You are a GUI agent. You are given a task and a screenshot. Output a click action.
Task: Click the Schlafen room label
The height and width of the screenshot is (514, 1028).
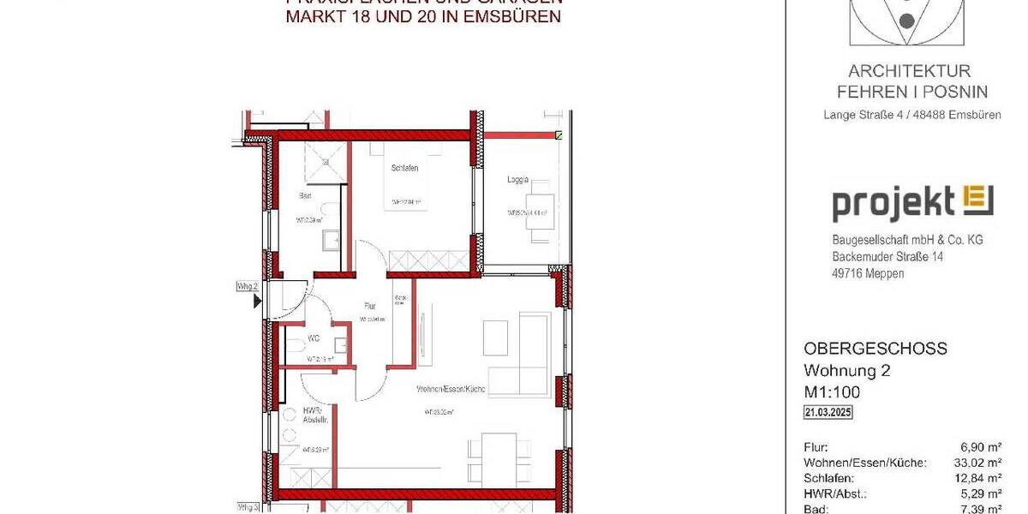(404, 169)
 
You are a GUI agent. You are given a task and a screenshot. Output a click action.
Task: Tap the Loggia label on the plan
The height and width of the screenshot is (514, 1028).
(517, 180)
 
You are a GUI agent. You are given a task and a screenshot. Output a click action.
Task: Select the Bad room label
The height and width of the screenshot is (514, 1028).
(304, 196)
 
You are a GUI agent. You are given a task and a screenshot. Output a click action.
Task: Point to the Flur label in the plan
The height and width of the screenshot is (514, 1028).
(370, 304)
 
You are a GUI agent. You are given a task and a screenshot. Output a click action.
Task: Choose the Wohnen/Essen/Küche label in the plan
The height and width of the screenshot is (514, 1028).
(451, 389)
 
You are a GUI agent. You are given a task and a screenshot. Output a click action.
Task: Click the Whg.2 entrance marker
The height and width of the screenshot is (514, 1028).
(248, 287)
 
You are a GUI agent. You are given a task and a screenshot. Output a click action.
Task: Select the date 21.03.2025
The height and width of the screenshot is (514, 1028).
(828, 413)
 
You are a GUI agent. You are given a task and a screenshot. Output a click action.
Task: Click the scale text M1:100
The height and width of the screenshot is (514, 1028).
(832, 392)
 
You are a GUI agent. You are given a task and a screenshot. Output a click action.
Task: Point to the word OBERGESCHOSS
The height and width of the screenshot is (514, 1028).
(875, 349)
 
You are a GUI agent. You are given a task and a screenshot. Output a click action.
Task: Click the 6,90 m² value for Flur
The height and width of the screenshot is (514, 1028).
(983, 447)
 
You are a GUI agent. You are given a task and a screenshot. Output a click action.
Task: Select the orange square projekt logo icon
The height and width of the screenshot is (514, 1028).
(978, 200)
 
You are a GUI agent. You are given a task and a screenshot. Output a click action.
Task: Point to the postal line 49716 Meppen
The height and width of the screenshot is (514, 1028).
(868, 273)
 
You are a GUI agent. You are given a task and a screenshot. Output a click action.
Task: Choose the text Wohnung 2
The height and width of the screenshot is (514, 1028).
(846, 371)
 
